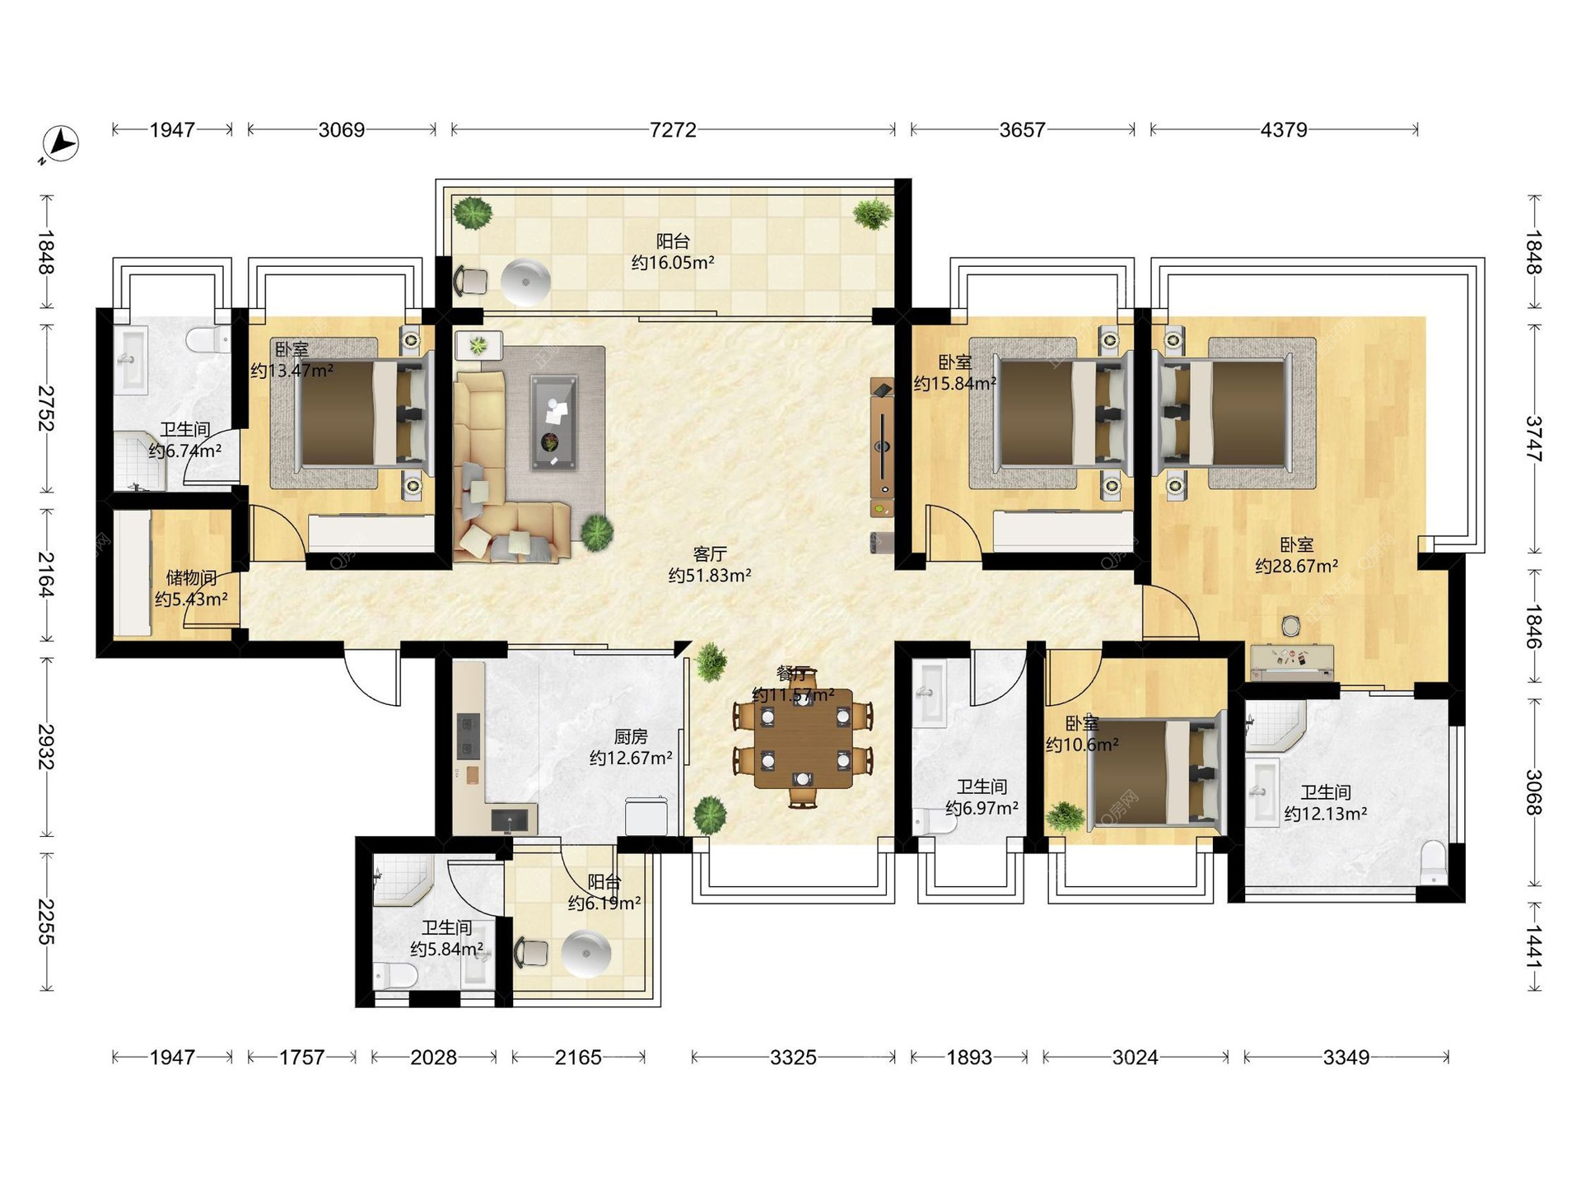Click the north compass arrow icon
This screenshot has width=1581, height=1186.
pos(60,143)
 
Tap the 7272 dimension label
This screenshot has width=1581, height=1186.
pos(673,130)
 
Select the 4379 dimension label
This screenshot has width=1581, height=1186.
pos(1284,130)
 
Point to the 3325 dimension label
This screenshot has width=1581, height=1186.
pos(793,1057)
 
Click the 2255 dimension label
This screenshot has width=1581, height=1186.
pos(46,922)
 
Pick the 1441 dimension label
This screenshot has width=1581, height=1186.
pos(1533,947)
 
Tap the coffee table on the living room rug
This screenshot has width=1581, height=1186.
pos(553,422)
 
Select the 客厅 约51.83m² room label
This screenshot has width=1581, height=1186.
pos(710,565)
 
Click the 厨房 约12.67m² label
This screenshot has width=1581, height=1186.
pos(631,747)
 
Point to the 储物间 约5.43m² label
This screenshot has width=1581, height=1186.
pos(191,588)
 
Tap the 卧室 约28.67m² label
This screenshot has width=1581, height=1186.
pos(1296,555)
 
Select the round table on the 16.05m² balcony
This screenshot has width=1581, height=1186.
pos(525,281)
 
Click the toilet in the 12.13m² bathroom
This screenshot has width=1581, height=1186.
pos(1434,862)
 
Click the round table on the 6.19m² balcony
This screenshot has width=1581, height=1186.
pos(586,954)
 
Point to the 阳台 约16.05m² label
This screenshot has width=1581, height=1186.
pos(673,252)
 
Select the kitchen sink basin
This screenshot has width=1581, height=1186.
pos(508,820)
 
